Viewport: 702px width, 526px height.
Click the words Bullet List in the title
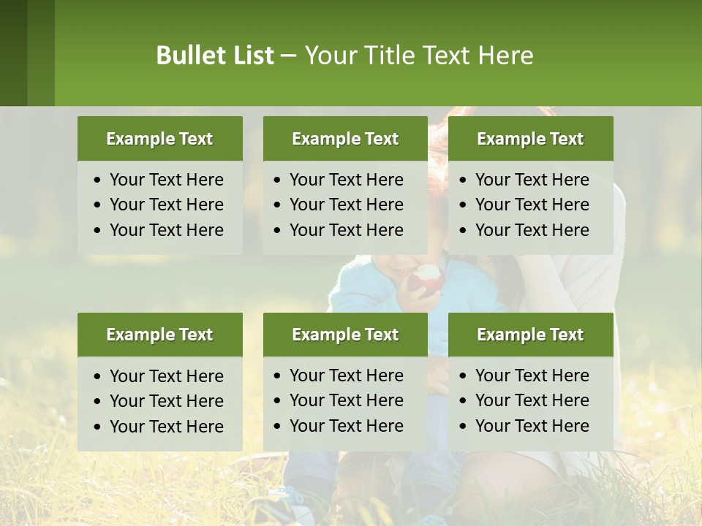click(x=215, y=56)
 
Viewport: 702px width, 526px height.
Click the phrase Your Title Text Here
click(x=419, y=56)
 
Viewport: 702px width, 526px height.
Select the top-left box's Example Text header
click(x=159, y=139)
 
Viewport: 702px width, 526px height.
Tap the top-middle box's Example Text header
click(x=345, y=139)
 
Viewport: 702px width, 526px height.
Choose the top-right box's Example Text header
click(x=530, y=139)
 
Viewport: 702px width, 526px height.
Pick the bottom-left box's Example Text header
click(x=159, y=335)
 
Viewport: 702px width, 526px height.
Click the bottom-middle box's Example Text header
click(x=345, y=335)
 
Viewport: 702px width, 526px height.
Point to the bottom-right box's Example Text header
click(x=530, y=335)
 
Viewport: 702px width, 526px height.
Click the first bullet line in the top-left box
click(x=166, y=180)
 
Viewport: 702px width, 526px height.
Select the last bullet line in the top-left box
click(x=166, y=230)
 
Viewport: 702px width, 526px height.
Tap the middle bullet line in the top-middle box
click(x=346, y=205)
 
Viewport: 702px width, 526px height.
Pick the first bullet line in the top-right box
click(x=532, y=180)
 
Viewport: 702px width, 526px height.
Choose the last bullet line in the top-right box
click(x=532, y=230)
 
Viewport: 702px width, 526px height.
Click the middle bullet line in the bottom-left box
click(x=166, y=401)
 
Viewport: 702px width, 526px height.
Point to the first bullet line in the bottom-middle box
click(x=346, y=376)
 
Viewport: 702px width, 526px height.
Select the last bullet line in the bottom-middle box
click(x=346, y=426)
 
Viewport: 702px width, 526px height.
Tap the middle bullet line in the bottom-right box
click(x=532, y=400)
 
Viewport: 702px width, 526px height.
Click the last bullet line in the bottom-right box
click(x=532, y=426)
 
